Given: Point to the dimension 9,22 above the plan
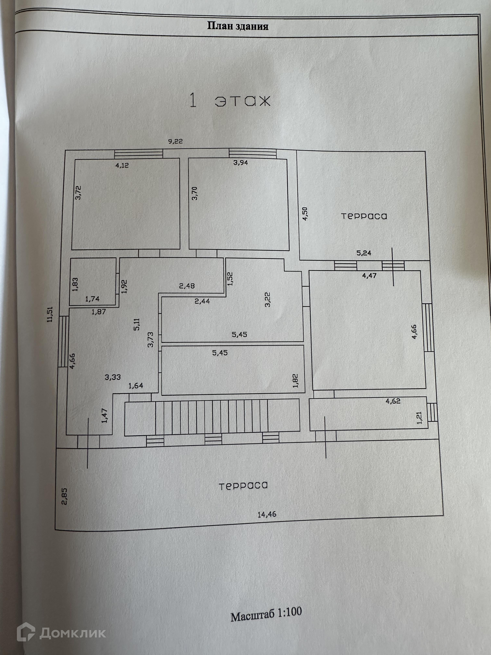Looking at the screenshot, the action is click(x=175, y=141).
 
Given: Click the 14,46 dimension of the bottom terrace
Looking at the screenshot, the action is click(x=267, y=514).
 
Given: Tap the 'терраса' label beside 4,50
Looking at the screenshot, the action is click(x=364, y=216).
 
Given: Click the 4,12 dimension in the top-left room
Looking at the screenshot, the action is click(x=122, y=165).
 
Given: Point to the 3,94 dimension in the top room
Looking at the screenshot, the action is click(x=240, y=162).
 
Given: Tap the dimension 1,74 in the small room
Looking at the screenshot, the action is click(x=92, y=299).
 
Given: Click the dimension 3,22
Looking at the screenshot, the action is click(x=268, y=300).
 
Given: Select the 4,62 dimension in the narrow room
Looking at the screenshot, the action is click(x=393, y=401).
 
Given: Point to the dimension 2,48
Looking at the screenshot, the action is click(x=187, y=286).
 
